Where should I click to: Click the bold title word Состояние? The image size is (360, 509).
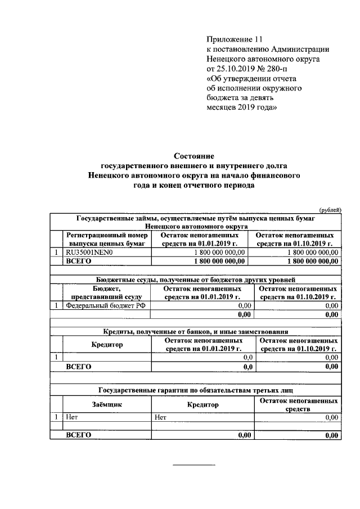click(x=194, y=155)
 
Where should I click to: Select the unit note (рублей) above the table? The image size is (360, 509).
click(x=330, y=209)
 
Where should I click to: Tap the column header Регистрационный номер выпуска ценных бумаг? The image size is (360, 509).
click(x=107, y=239)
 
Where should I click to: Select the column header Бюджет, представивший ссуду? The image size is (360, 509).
click(x=107, y=292)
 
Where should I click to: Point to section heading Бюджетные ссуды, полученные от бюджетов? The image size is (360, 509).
click(x=194, y=279)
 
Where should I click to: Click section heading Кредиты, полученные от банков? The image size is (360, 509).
click(x=194, y=331)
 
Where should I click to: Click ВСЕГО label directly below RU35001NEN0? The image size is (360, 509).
click(x=78, y=261)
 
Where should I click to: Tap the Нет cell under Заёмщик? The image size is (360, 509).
click(x=71, y=417)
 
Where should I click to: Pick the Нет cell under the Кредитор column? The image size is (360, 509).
click(x=160, y=417)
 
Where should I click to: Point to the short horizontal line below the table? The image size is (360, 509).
click(x=193, y=465)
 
